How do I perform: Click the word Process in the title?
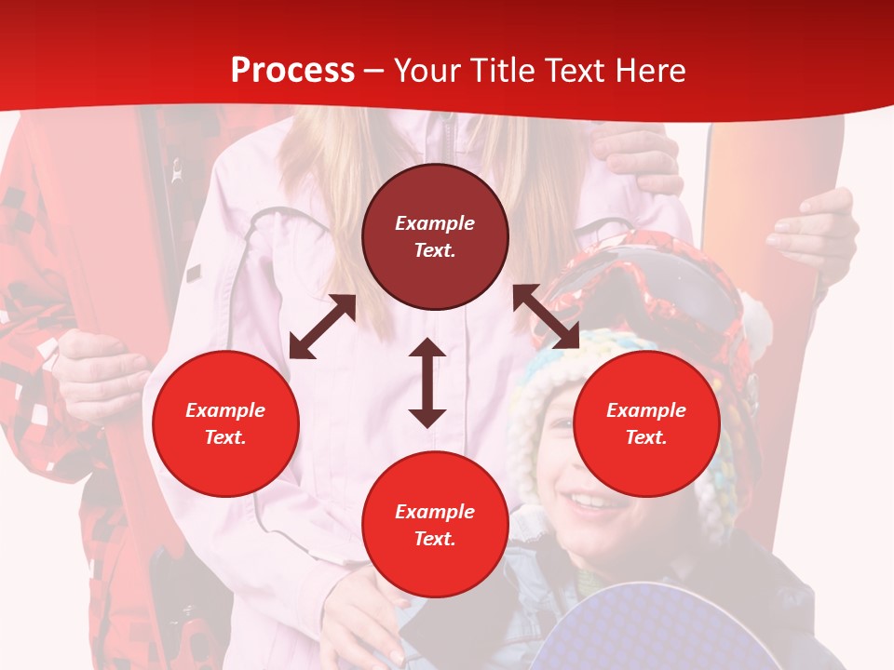pyautogui.click(x=292, y=71)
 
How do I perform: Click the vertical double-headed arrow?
pyautogui.click(x=427, y=382)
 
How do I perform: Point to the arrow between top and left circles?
pyautogui.click(x=322, y=327)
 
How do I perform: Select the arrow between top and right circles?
pyautogui.click(x=546, y=316)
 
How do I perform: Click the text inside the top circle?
pyautogui.click(x=435, y=236)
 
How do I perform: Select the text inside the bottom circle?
pyautogui.click(x=435, y=525)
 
